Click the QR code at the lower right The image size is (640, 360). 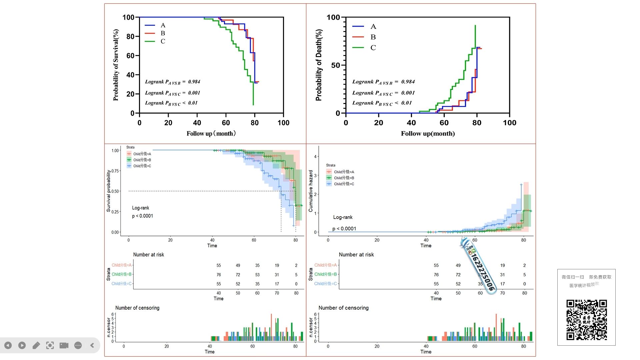(586, 320)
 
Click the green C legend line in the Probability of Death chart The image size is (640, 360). (358, 48)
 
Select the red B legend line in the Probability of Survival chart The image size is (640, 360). (150, 33)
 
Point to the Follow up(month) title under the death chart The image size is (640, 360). (428, 134)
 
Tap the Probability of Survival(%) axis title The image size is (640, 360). (116, 65)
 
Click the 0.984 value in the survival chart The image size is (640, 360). (194, 82)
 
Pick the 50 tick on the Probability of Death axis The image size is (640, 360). (335, 65)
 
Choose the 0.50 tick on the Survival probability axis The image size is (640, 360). (115, 191)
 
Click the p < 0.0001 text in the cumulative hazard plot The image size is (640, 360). (344, 229)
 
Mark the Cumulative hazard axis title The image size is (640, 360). (311, 191)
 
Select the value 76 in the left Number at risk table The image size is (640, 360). (219, 275)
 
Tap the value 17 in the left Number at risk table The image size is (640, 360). (277, 284)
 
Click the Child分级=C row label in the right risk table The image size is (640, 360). (325, 284)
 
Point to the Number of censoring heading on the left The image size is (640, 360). (137, 308)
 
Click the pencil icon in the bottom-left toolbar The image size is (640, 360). (36, 345)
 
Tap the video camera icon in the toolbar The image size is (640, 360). (64, 345)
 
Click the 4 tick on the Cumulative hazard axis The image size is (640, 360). (315, 156)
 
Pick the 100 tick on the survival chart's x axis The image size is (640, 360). (283, 123)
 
